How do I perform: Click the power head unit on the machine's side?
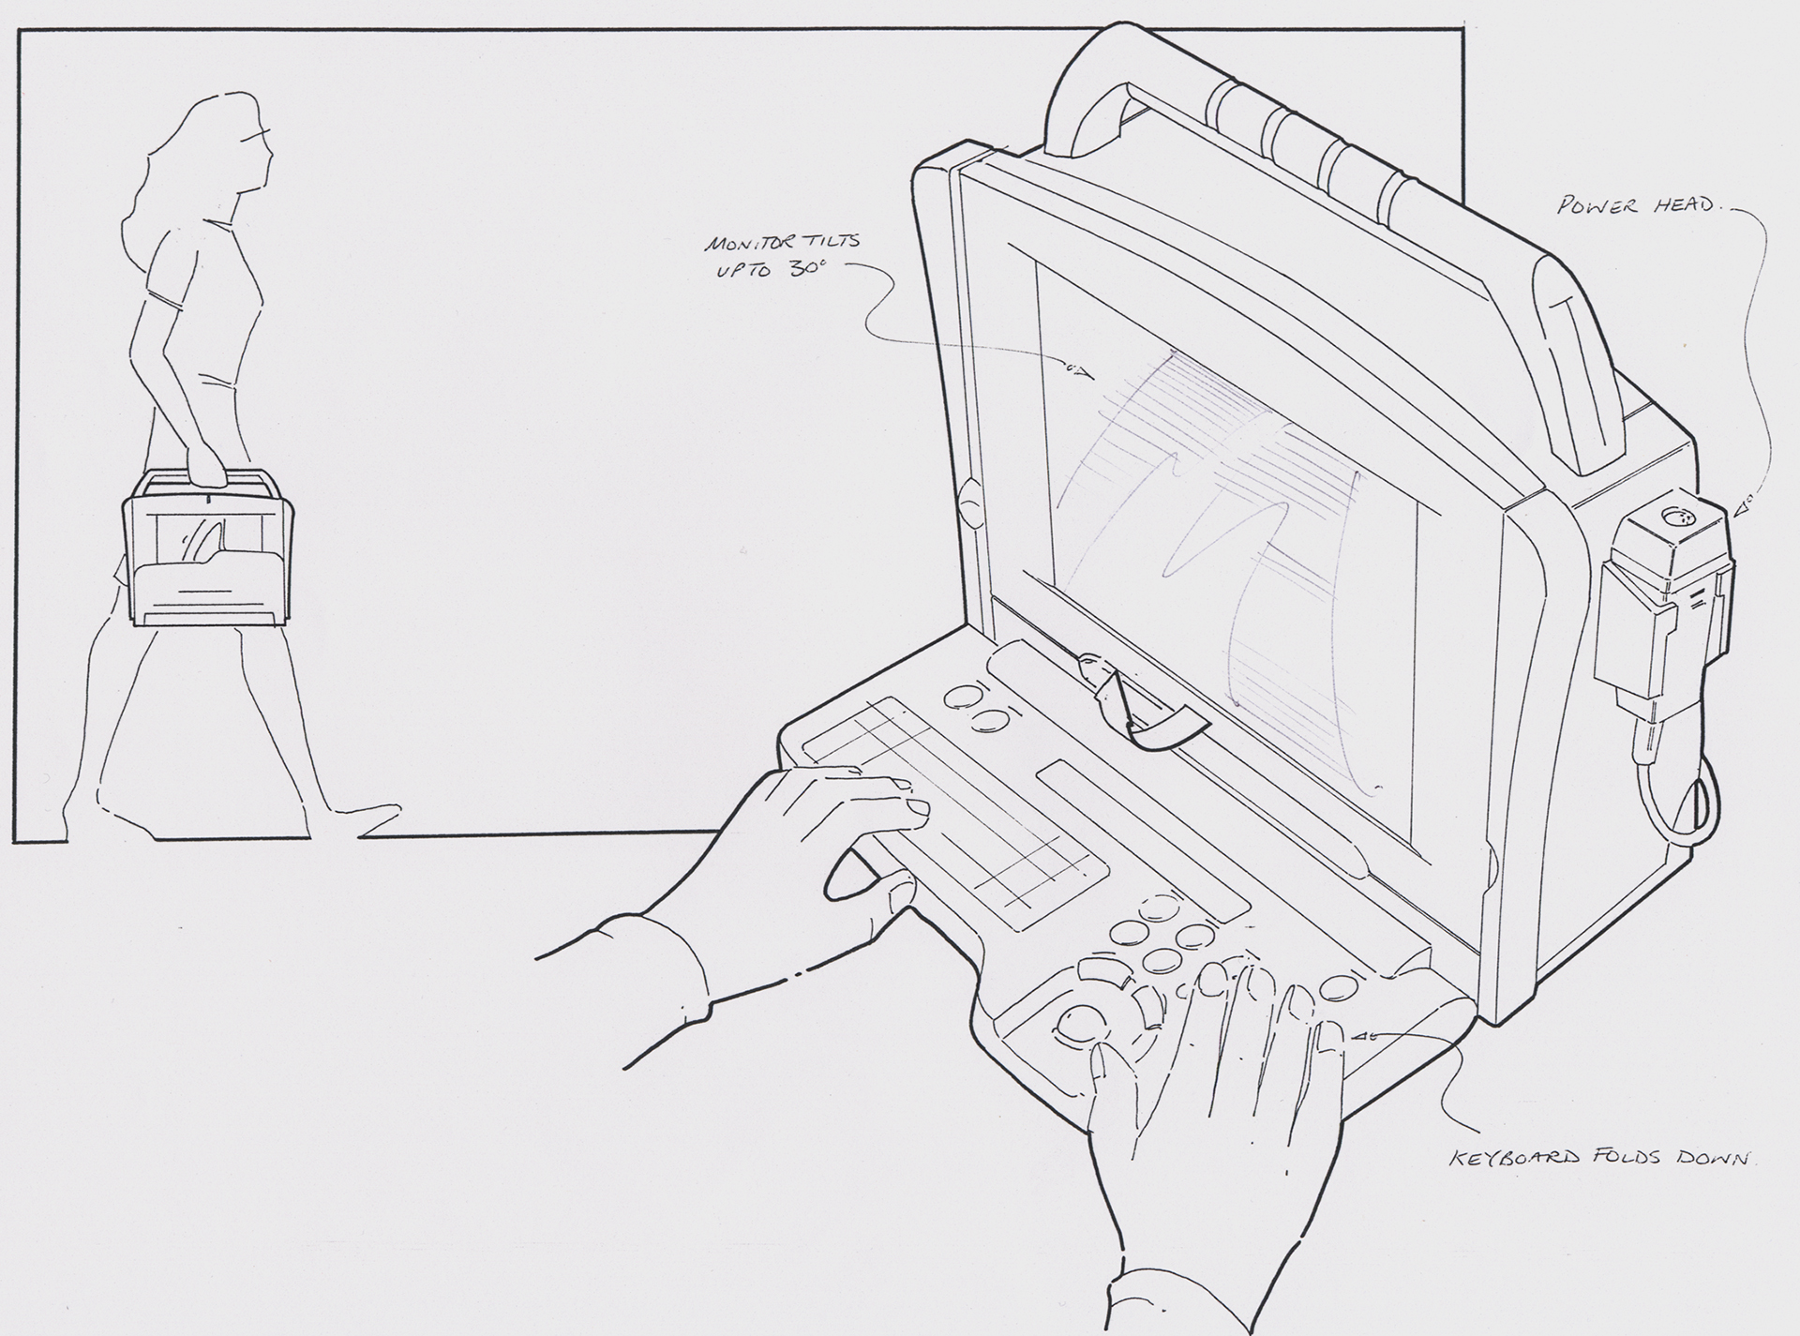click(x=1664, y=600)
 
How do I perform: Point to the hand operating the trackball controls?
click(x=1219, y=1097)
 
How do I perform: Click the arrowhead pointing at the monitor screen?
click(x=1078, y=372)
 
